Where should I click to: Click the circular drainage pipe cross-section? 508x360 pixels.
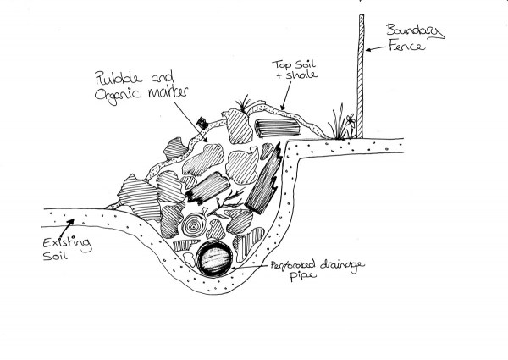213,259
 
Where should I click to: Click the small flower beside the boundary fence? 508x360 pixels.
345,125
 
